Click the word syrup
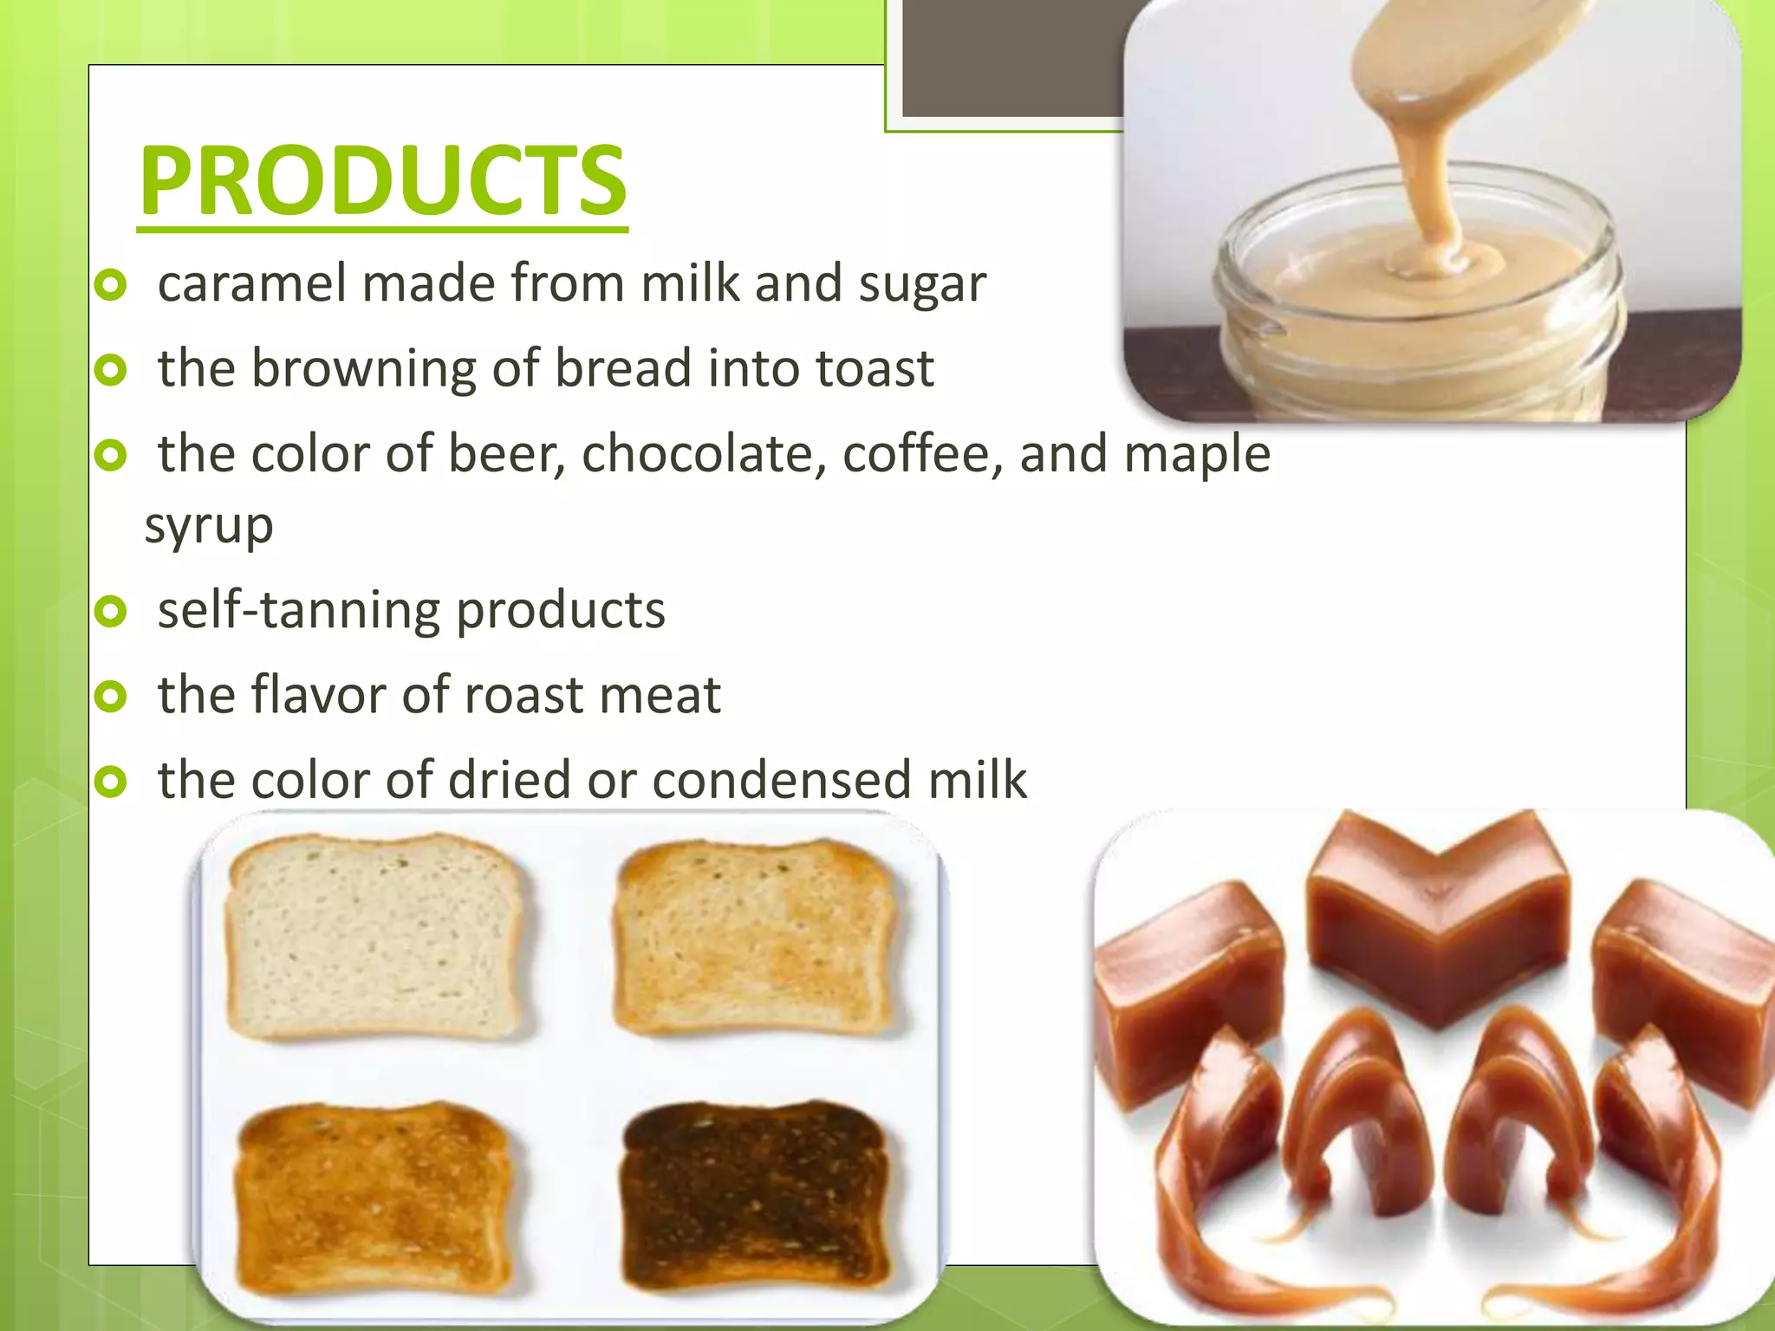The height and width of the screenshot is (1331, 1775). click(x=209, y=525)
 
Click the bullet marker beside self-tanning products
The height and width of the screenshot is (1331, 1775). click(x=112, y=612)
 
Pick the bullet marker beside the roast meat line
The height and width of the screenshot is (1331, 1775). click(x=112, y=696)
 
